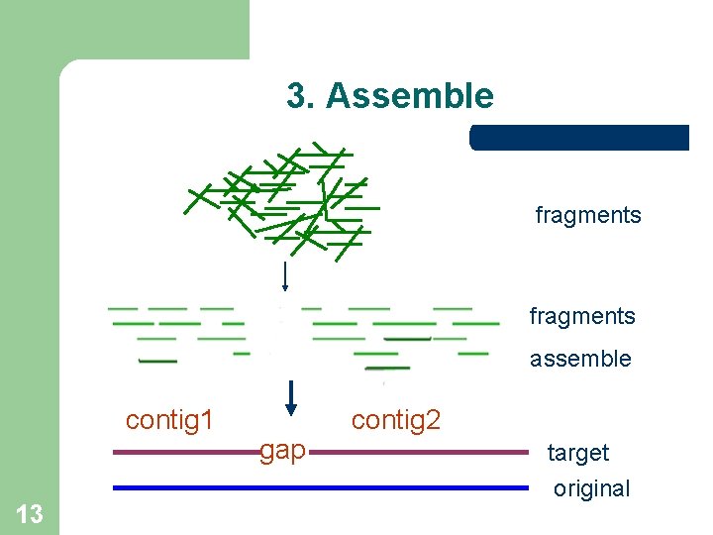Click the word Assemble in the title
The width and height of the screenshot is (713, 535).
click(x=409, y=96)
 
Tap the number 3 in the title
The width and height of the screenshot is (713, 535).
click(x=296, y=96)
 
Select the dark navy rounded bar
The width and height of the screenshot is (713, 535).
click(x=579, y=138)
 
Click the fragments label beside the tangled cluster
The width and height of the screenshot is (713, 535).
click(x=588, y=215)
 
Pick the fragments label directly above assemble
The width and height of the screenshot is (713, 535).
click(x=582, y=316)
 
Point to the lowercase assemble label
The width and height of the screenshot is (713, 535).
click(x=580, y=359)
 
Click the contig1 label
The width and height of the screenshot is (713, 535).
click(x=169, y=420)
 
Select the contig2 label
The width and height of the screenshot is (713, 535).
click(x=396, y=420)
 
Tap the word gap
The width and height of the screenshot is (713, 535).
click(x=283, y=451)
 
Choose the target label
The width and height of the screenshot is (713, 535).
click(x=578, y=453)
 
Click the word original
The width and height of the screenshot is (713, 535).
click(x=591, y=488)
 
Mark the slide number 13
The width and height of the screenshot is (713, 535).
click(x=30, y=513)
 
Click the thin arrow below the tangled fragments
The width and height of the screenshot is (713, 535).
click(x=285, y=275)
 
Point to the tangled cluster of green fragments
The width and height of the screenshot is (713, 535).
click(x=282, y=198)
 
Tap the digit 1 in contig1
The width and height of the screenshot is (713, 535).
click(x=208, y=420)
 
